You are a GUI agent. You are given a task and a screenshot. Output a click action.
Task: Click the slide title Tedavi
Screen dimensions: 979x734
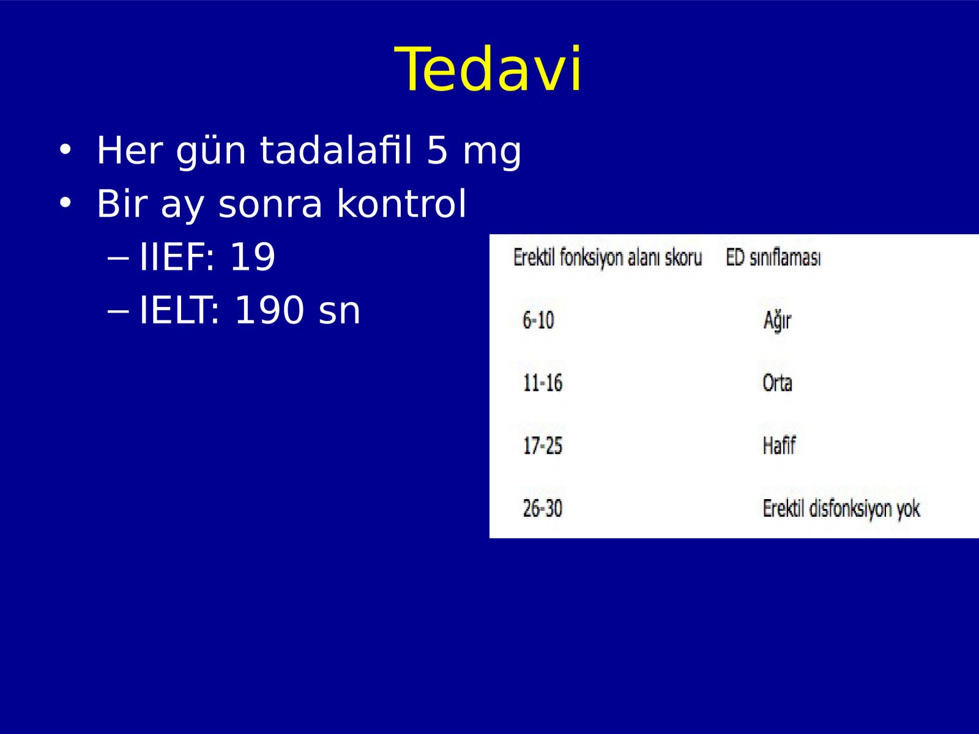pyautogui.click(x=488, y=69)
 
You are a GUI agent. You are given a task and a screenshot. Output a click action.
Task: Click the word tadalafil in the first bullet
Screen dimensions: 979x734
pyautogui.click(x=336, y=150)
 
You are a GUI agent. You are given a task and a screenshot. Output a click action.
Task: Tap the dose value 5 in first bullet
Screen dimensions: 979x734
pyautogui.click(x=437, y=150)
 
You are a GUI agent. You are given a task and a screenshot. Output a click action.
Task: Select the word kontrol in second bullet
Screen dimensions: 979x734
pyautogui.click(x=402, y=203)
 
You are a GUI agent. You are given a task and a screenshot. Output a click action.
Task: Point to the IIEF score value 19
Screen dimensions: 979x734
pyautogui.click(x=253, y=257)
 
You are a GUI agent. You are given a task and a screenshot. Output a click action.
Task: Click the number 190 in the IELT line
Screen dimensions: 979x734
pyautogui.click(x=269, y=310)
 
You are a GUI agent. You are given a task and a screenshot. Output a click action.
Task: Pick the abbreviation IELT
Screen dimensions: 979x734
pyautogui.click(x=179, y=310)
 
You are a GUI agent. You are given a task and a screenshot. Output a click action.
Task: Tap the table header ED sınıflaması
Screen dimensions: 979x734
pyautogui.click(x=773, y=258)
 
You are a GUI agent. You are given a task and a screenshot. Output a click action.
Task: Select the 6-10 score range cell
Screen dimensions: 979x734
pyautogui.click(x=538, y=321)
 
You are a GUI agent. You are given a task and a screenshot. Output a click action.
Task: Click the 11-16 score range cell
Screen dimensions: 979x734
pyautogui.click(x=543, y=383)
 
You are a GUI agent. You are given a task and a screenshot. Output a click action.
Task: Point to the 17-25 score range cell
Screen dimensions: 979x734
pyautogui.click(x=543, y=446)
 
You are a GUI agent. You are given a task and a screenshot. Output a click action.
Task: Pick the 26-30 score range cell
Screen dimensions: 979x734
pyautogui.click(x=543, y=508)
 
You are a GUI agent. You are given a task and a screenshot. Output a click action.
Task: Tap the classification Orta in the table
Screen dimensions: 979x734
pyautogui.click(x=778, y=383)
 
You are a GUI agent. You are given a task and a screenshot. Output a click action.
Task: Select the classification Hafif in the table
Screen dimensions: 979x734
pyautogui.click(x=779, y=445)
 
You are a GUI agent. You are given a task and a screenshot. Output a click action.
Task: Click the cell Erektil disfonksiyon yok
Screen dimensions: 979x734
pyautogui.click(x=841, y=509)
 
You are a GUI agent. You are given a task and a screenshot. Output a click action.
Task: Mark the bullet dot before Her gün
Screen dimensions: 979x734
pyautogui.click(x=65, y=150)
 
